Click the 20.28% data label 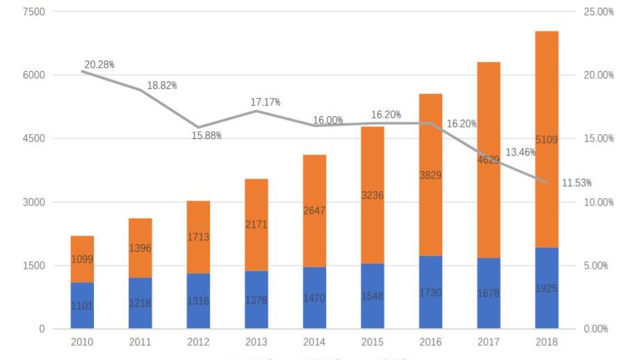coord(99,65)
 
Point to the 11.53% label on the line coord(576,183)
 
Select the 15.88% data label coord(206,136)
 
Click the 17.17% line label coord(266,102)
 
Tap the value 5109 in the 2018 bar coord(546,140)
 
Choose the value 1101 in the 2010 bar coord(82,306)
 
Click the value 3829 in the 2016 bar coord(430,175)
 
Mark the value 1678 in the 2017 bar coord(489,294)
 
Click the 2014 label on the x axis coord(314,342)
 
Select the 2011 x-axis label coord(140,342)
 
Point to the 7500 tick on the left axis coord(33,12)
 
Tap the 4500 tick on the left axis coord(33,138)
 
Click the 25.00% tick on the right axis coord(598,12)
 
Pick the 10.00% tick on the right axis coord(598,202)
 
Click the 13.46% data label coord(520,152)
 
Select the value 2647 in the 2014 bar coord(314,211)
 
